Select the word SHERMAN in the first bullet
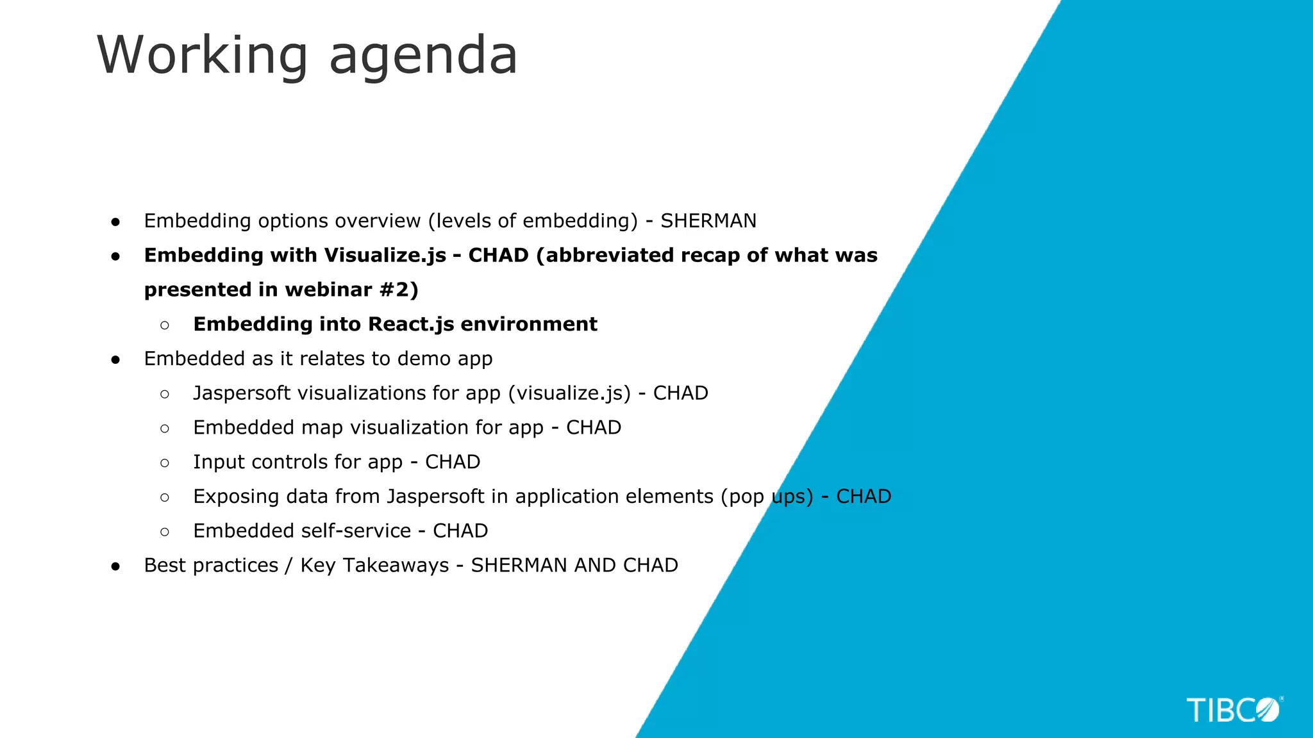click(x=708, y=221)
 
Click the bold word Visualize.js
click(x=385, y=256)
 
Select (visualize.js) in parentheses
click(x=569, y=393)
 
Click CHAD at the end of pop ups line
click(x=864, y=496)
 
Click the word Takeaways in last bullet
click(x=396, y=566)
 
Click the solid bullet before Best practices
click(x=115, y=566)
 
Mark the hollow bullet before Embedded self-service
click(x=165, y=532)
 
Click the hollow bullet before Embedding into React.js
click(x=165, y=325)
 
